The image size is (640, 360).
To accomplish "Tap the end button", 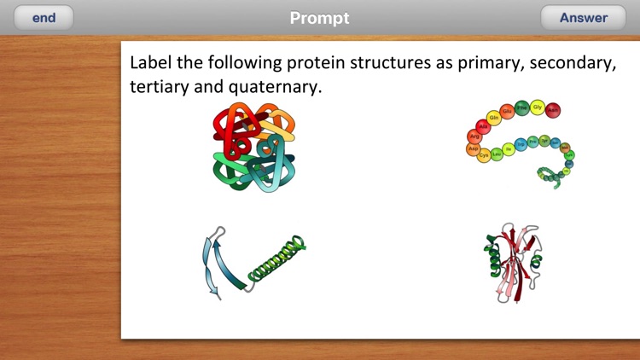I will tap(44, 18).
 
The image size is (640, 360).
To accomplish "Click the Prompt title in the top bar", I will tap(319, 18).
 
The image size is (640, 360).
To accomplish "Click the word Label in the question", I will tap(150, 63).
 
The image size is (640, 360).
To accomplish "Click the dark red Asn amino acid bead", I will tap(553, 110).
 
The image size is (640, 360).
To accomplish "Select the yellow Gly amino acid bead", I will tap(538, 107).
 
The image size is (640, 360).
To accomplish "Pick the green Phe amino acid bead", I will tap(522, 108).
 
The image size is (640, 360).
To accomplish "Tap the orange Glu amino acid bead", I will tap(507, 111).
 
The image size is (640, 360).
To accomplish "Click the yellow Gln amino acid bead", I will tap(493, 118).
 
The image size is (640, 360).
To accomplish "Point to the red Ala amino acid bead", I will tap(482, 126).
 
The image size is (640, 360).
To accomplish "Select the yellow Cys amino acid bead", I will tap(484, 155).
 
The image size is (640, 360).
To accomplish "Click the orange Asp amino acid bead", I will tap(474, 148).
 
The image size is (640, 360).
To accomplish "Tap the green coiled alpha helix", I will tap(276, 260).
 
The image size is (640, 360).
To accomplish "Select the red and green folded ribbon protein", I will tap(514, 261).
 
